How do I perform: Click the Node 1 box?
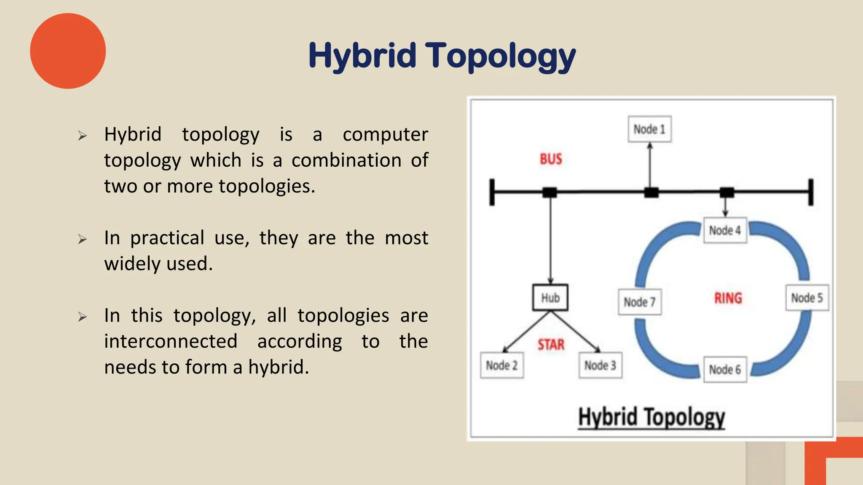pos(649,129)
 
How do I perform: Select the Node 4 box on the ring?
pos(725,230)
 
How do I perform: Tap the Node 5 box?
pos(807,298)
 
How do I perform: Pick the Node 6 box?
pos(725,370)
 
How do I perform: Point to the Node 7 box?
pos(639,302)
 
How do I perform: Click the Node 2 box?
pos(501,365)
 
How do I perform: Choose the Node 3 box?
pos(600,365)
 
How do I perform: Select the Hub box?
pos(550,298)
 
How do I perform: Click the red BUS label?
pos(551,159)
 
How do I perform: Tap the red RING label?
pos(728,298)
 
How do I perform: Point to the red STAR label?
pos(551,345)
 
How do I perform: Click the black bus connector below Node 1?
pos(651,193)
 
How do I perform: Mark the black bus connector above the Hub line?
pos(549,192)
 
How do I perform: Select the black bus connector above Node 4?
pos(726,192)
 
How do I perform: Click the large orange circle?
pos(68,51)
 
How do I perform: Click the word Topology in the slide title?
pos(500,56)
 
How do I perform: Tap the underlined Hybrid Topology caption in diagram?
pos(651,417)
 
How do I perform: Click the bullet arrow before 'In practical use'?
pos(82,239)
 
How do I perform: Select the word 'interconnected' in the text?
pos(171,341)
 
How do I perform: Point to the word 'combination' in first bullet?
pos(346,160)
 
